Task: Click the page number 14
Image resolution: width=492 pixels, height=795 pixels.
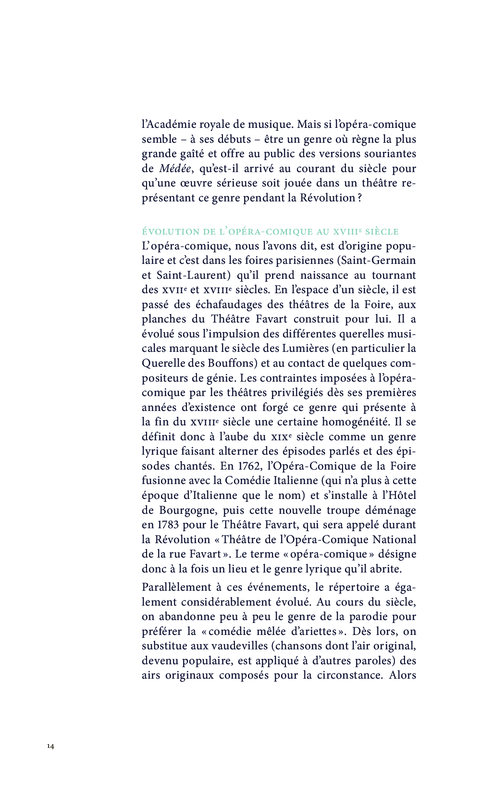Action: click(50, 746)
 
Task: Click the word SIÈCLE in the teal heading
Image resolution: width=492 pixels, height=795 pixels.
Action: click(381, 232)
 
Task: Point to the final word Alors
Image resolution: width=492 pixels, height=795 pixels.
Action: click(402, 675)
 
